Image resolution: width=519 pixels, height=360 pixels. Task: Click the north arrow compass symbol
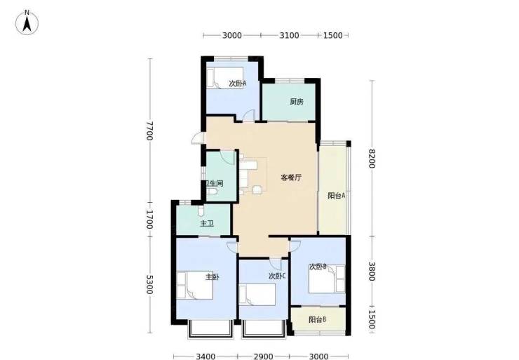click(27, 22)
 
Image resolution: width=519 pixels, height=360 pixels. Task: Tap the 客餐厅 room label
click(291, 178)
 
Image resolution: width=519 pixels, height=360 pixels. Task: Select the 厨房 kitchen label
click(297, 102)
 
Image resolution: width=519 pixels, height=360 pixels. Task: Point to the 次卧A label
click(238, 84)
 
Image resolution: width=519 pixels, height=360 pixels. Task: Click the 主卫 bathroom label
click(207, 224)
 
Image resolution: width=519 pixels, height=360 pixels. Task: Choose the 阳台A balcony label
click(337, 196)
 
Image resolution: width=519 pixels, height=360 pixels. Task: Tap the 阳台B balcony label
click(318, 319)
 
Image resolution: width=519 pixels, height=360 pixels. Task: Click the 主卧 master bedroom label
click(213, 276)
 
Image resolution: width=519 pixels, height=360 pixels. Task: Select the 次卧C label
click(277, 276)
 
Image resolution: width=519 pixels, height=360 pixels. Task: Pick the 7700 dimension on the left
click(149, 131)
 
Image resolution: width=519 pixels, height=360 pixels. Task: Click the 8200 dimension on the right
click(372, 159)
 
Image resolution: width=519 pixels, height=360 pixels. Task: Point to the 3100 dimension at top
click(289, 35)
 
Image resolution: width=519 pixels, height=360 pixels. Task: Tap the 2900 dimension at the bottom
click(264, 356)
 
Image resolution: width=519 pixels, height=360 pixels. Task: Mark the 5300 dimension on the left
click(149, 284)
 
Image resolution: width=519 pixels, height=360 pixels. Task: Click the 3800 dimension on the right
click(372, 272)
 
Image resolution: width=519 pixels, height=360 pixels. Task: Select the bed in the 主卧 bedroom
click(195, 285)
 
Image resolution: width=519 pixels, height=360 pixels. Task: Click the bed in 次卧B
click(327, 279)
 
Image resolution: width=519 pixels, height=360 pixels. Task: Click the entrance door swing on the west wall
click(198, 138)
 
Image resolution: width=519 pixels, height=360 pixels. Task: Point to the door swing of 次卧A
click(248, 116)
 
